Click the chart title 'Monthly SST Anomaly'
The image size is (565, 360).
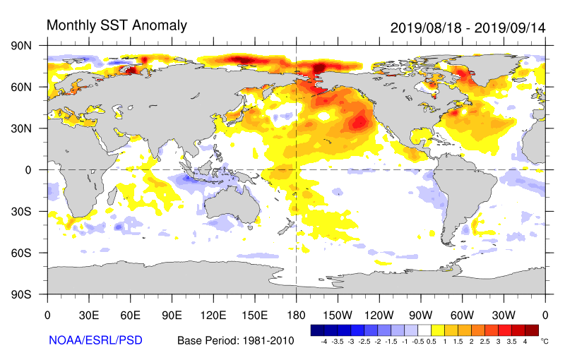click(x=117, y=25)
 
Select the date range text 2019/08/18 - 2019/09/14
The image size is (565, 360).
click(x=468, y=28)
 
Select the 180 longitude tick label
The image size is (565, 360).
click(x=296, y=315)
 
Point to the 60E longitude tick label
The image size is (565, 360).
click(x=130, y=315)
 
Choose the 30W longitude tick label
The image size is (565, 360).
click(x=504, y=315)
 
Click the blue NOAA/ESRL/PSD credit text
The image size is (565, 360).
click(x=95, y=340)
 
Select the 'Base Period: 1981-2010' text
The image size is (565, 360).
click(x=236, y=341)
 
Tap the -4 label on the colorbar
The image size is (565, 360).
click(x=323, y=341)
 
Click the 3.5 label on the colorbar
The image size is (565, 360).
click(x=512, y=341)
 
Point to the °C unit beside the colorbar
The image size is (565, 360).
click(x=545, y=340)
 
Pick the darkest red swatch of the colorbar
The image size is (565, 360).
click(x=532, y=330)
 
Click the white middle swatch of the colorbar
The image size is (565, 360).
click(x=424, y=330)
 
